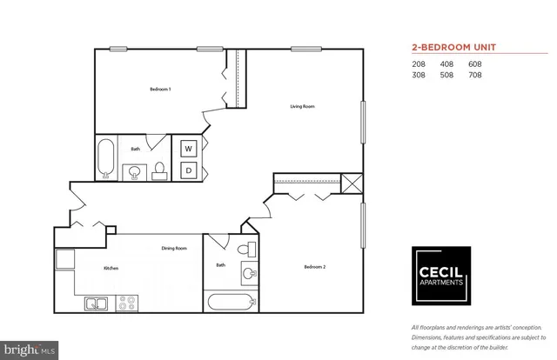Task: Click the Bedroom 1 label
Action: tap(159, 90)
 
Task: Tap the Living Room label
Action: tap(302, 107)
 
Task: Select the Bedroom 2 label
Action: tap(314, 266)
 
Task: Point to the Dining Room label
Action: tap(174, 249)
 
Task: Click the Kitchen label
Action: tap(111, 269)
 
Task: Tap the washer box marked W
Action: tap(188, 149)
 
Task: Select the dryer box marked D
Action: tap(188, 170)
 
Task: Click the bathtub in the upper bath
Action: tap(106, 158)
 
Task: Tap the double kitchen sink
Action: tap(95, 303)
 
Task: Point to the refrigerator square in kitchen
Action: tap(64, 257)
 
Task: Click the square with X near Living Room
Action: tap(352, 183)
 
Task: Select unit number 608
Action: tap(474, 63)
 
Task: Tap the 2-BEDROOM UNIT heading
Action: tap(458, 48)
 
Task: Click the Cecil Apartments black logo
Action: tap(440, 272)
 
